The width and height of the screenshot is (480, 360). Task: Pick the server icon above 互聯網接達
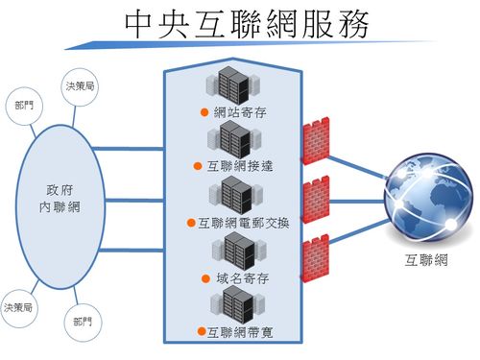click(x=234, y=140)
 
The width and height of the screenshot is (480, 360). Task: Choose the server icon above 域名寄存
click(x=236, y=252)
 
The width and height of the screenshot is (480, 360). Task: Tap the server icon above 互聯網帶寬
click(x=235, y=306)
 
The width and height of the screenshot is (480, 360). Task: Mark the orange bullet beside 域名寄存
click(x=207, y=278)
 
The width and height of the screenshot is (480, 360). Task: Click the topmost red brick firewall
click(x=315, y=145)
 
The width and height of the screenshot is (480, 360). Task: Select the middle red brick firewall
click(x=315, y=203)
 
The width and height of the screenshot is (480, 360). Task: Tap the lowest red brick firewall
click(x=315, y=260)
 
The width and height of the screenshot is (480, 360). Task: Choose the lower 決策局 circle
click(x=20, y=307)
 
